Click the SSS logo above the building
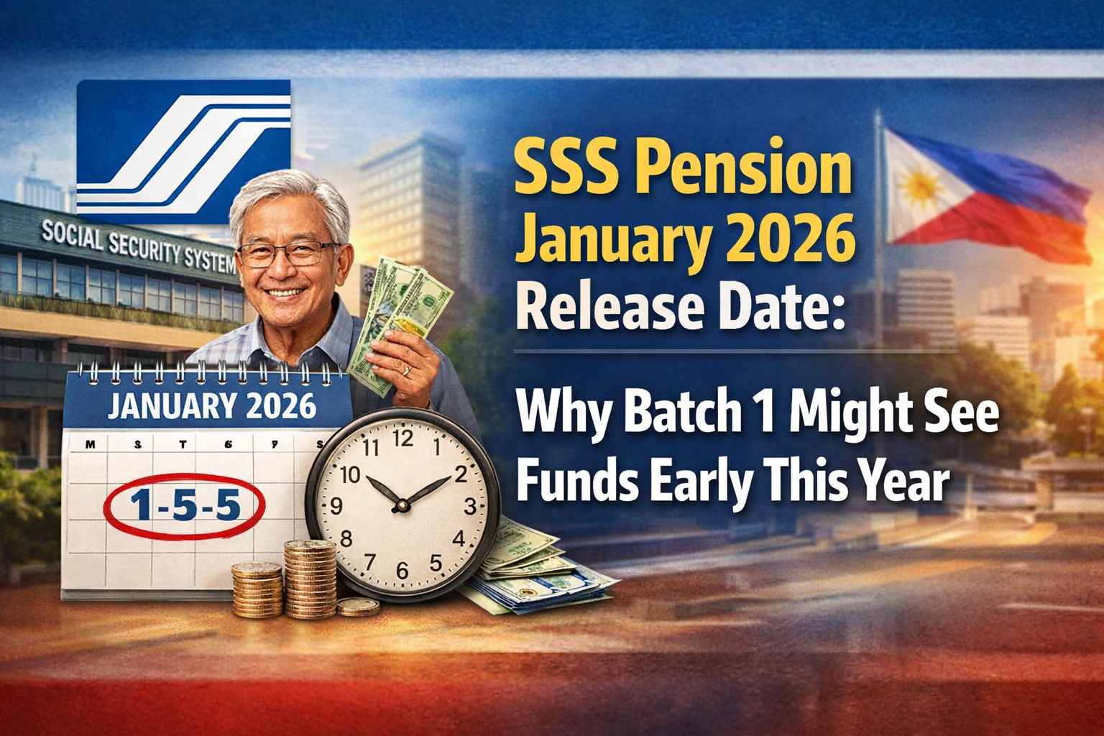pos(183,149)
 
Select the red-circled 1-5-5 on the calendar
pos(185,506)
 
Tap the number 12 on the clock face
pos(402,437)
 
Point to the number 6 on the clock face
pos(402,571)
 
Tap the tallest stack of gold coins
pos(310,579)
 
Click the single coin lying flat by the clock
pos(358,607)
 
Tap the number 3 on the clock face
pos(470,506)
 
